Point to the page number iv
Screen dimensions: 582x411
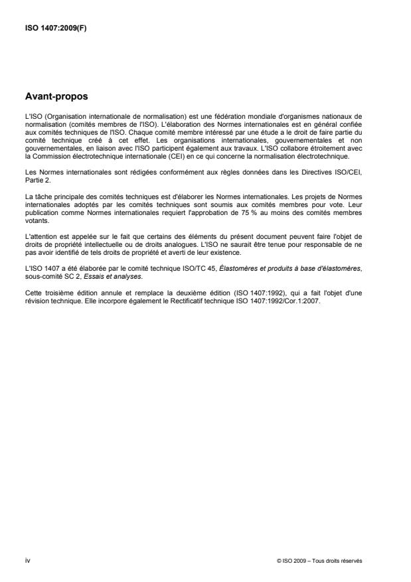(27, 560)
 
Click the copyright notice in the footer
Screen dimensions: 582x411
(319, 561)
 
